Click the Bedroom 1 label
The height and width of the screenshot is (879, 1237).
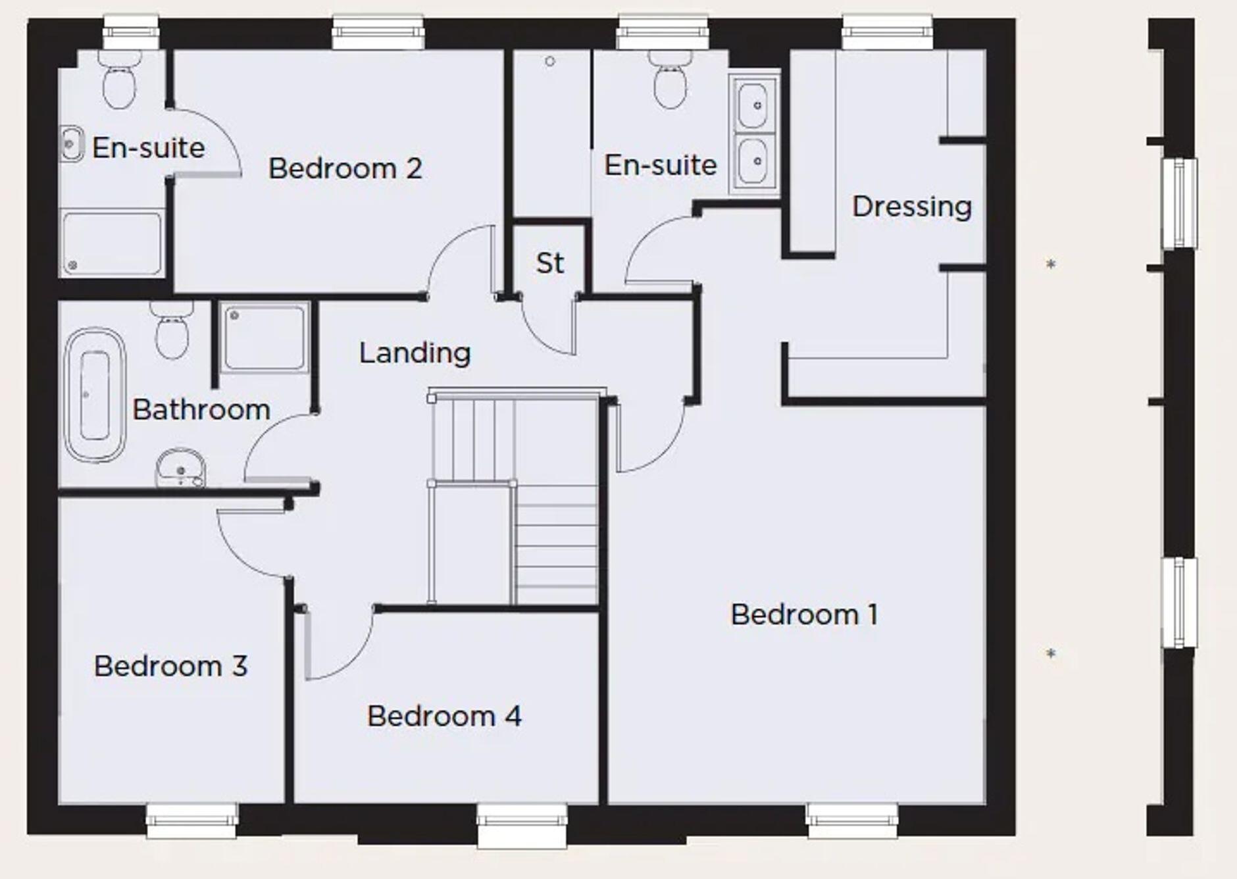(803, 615)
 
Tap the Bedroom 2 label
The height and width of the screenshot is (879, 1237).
(345, 168)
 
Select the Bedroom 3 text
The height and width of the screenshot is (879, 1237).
(170, 666)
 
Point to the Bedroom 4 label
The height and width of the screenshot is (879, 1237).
(444, 716)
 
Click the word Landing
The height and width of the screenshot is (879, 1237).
(415, 353)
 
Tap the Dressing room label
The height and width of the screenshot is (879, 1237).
(911, 207)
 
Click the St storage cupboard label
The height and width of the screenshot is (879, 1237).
(549, 263)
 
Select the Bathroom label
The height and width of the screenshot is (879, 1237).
(201, 409)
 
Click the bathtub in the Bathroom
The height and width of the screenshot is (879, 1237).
(95, 395)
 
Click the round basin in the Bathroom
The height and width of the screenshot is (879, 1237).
(180, 468)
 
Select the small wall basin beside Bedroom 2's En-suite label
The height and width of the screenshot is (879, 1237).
(71, 144)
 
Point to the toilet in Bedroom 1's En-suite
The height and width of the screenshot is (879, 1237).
(670, 82)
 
